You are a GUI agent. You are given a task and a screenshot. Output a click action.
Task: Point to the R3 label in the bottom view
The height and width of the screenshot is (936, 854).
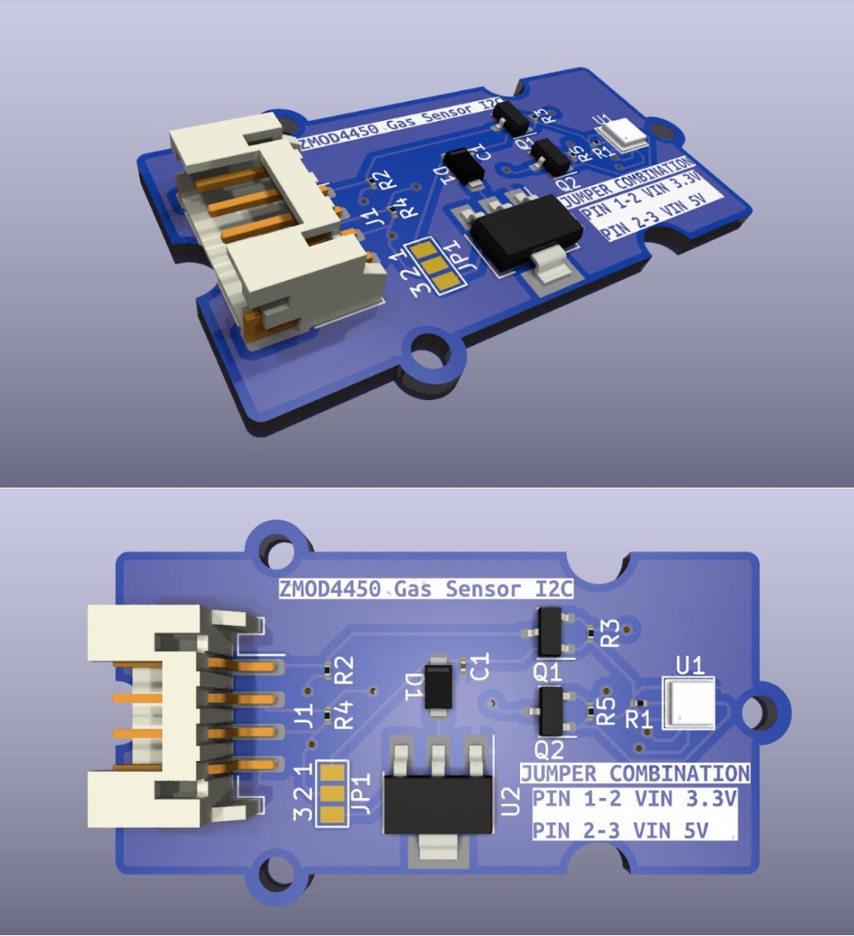point(609,633)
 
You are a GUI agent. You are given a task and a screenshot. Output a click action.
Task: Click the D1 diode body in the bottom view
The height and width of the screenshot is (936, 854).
point(439,685)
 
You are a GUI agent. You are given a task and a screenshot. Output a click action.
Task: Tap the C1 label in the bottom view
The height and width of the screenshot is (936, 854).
point(480,666)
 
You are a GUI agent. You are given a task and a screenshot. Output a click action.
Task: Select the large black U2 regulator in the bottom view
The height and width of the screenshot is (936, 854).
point(438,793)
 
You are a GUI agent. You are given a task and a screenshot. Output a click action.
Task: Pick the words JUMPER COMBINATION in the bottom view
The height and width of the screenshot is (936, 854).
point(635,774)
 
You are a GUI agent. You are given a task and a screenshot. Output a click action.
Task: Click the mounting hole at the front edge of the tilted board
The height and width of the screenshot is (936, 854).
point(432,353)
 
